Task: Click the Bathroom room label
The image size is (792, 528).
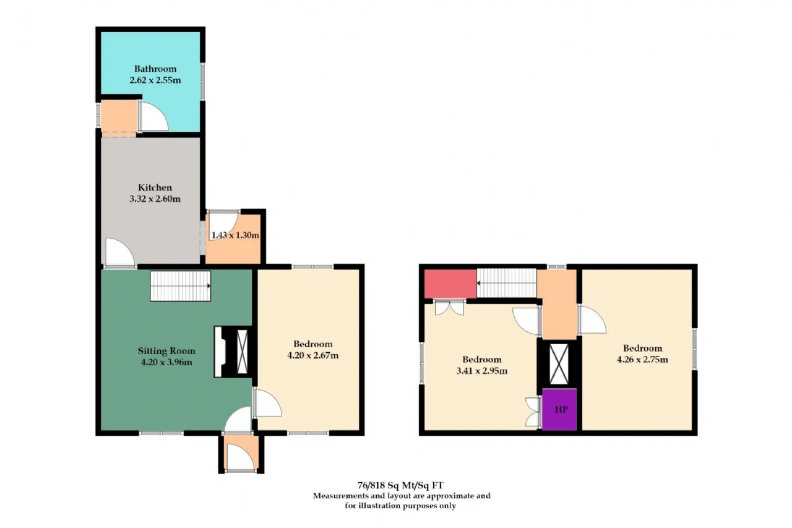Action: pos(155,69)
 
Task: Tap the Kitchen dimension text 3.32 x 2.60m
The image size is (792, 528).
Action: pos(155,199)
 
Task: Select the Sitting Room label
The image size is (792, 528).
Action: pos(166,351)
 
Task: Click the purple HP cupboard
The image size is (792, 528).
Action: pos(559,410)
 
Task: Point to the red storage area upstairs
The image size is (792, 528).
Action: pos(450,283)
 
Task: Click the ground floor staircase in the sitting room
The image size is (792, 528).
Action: pos(181,286)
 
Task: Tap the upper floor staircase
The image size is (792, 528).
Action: pos(507,283)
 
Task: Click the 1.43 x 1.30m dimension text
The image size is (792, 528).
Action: pos(235,235)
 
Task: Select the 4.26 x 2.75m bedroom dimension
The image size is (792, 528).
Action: pos(642,360)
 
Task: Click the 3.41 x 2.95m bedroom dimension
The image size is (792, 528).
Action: pos(482,371)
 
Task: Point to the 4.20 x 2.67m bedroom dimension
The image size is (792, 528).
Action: pos(313,355)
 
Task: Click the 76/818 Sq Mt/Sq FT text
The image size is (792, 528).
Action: pos(400,485)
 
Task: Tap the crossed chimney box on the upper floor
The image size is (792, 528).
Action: pos(559,364)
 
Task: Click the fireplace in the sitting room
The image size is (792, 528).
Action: pos(231,352)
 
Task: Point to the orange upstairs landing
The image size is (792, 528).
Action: pos(558,304)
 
